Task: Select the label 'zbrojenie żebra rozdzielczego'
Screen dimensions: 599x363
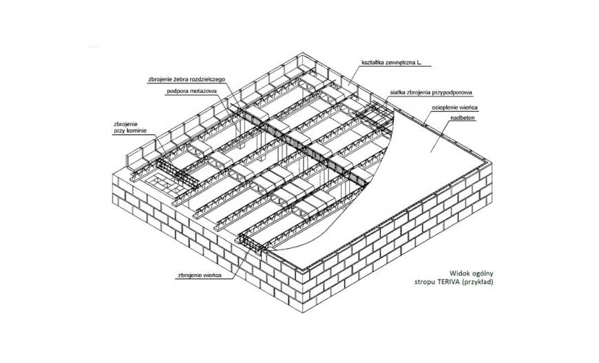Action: point(187,79)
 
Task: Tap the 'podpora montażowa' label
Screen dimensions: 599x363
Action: point(192,92)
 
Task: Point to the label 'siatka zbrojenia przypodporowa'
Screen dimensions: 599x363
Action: point(431,92)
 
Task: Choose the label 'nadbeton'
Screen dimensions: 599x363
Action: point(463,118)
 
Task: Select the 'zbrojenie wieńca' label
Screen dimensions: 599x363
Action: point(200,275)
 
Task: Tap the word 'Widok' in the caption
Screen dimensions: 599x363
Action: point(458,273)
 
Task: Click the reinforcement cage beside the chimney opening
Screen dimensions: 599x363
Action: point(177,174)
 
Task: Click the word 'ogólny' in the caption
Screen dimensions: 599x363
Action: point(481,273)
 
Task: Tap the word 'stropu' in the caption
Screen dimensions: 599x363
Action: point(423,283)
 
